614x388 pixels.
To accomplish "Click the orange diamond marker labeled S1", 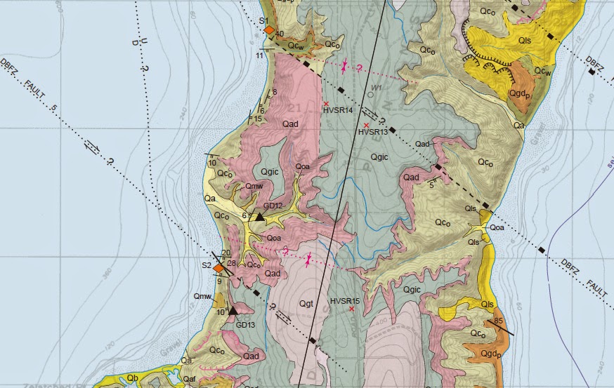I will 268,29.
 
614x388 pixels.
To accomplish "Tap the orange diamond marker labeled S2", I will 218,267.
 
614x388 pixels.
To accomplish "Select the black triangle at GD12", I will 259,218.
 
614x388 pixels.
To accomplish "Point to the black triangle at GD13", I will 233,309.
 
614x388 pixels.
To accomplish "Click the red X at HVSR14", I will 326,104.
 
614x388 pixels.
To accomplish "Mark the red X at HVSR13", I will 366,125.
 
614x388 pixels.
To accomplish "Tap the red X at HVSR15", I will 351,309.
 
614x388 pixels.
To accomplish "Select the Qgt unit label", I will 306,303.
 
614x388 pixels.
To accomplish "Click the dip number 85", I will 499,322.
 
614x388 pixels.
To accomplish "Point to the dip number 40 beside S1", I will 280,34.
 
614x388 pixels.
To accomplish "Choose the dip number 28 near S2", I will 231,262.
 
